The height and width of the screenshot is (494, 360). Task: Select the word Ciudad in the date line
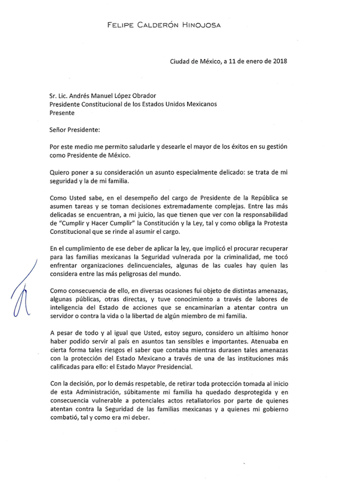coord(181,61)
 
